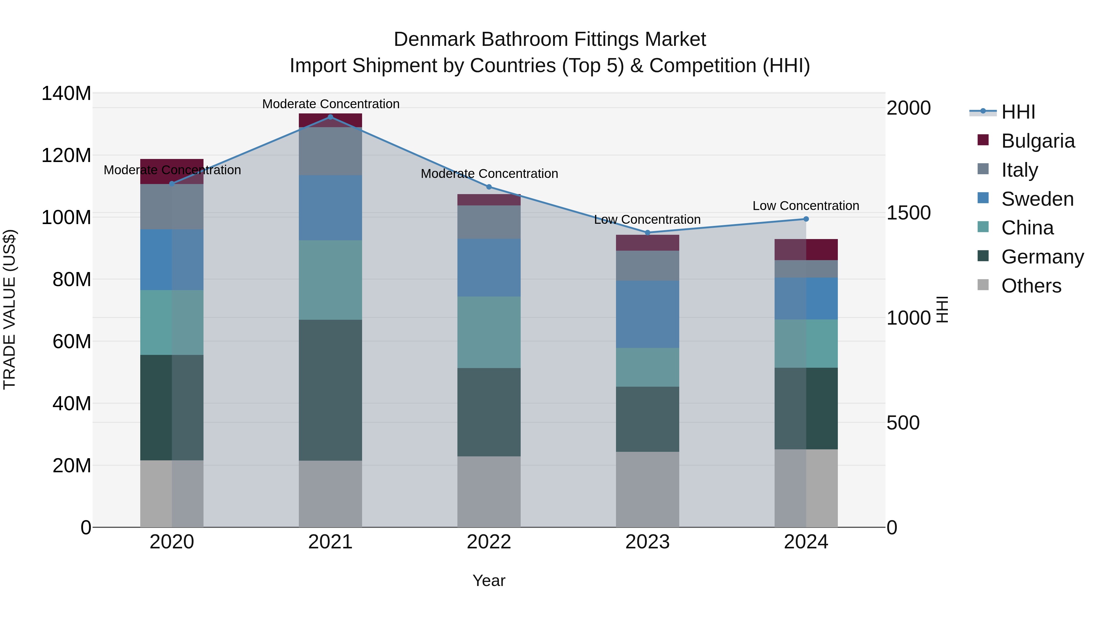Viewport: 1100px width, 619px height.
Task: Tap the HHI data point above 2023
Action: click(x=647, y=233)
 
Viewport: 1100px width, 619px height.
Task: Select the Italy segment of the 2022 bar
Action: click(x=489, y=222)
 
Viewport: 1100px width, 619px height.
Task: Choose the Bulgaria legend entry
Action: click(x=1037, y=141)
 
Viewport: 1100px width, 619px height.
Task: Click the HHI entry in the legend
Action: click(x=1018, y=112)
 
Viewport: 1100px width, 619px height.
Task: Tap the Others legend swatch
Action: click(x=983, y=285)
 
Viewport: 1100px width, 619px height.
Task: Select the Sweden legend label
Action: click(x=1037, y=199)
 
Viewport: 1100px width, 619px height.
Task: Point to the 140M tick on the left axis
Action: click(x=66, y=93)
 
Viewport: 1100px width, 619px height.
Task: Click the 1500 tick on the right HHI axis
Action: click(x=909, y=213)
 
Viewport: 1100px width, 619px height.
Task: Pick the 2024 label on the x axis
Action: click(x=806, y=542)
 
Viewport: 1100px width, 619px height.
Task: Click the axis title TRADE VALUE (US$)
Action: click(x=9, y=309)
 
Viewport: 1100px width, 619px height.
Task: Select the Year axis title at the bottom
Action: click(x=489, y=580)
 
